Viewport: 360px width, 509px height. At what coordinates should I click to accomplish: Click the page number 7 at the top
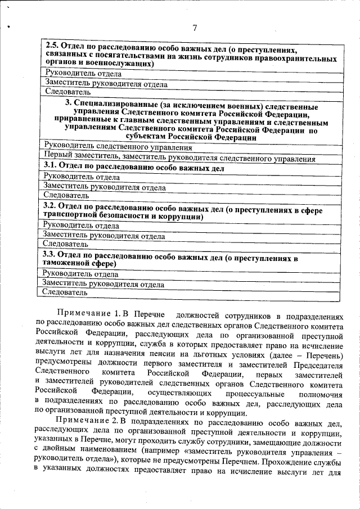point(194,28)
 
